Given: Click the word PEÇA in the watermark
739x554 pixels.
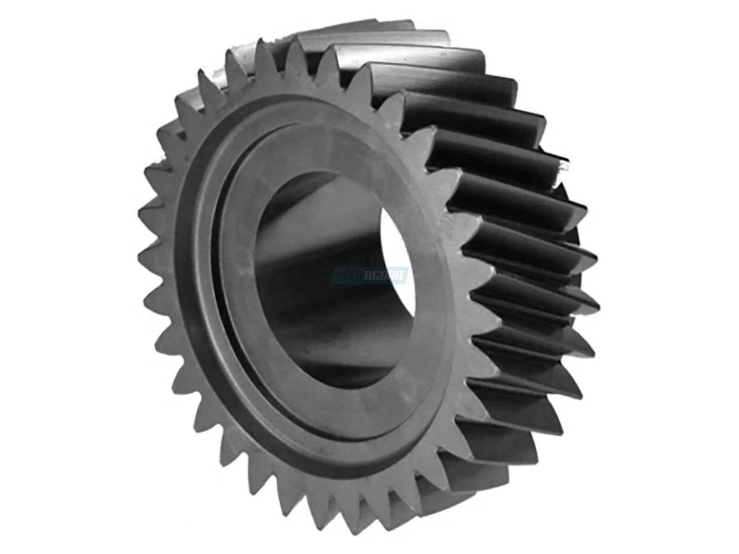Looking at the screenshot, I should tap(351, 276).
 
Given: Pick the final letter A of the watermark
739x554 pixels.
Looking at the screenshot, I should tap(402, 276).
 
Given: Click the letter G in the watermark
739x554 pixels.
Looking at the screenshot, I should tap(379, 276).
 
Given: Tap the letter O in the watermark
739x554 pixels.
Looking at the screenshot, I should tap(387, 276).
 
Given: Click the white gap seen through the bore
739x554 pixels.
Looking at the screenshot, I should tap(394, 246).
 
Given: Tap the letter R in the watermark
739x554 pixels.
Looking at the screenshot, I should tap(395, 276).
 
